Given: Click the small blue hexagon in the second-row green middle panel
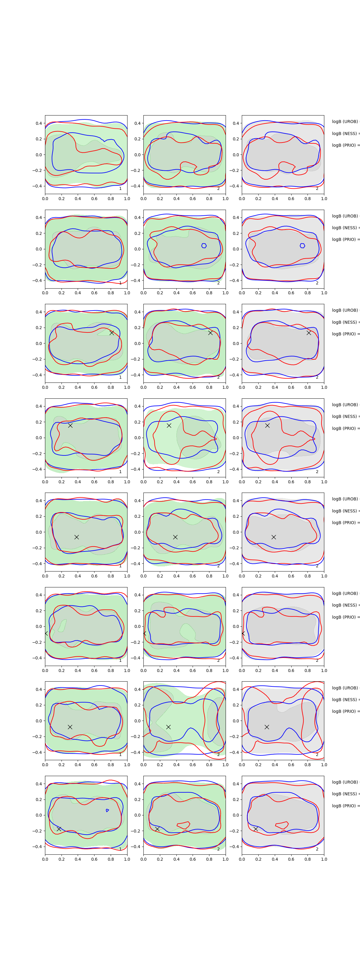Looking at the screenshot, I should (x=204, y=246).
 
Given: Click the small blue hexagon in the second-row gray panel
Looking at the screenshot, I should (x=302, y=246).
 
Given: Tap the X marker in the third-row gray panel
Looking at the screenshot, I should (x=309, y=333).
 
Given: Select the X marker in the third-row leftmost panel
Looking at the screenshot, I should (x=112, y=333).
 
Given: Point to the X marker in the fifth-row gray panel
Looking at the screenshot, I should (x=274, y=537).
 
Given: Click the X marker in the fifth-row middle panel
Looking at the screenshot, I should (x=175, y=537).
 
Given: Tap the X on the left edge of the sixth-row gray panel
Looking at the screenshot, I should (x=243, y=633).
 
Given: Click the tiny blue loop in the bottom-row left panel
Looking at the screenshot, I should (x=107, y=811).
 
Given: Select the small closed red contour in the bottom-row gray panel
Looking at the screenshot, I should (x=282, y=825).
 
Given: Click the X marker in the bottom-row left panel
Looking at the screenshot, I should (x=59, y=829).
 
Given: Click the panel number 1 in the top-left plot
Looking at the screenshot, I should (x=120, y=189).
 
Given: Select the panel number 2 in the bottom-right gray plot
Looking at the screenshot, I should (x=317, y=849).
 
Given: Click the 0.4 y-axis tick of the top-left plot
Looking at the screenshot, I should (x=39, y=123).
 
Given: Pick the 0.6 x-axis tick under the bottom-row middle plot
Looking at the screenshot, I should (x=193, y=859).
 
